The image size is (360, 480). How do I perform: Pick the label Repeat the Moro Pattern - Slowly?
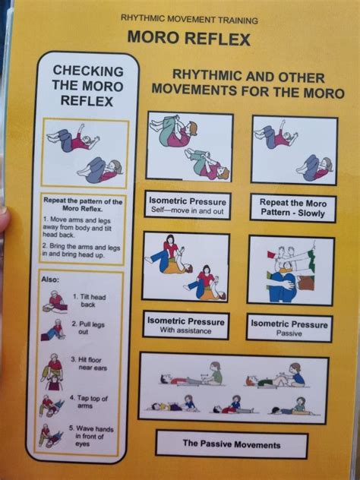[x=292, y=207]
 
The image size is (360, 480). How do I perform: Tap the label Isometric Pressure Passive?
[x=290, y=327]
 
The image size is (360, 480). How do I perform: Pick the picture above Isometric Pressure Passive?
[x=290, y=270]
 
